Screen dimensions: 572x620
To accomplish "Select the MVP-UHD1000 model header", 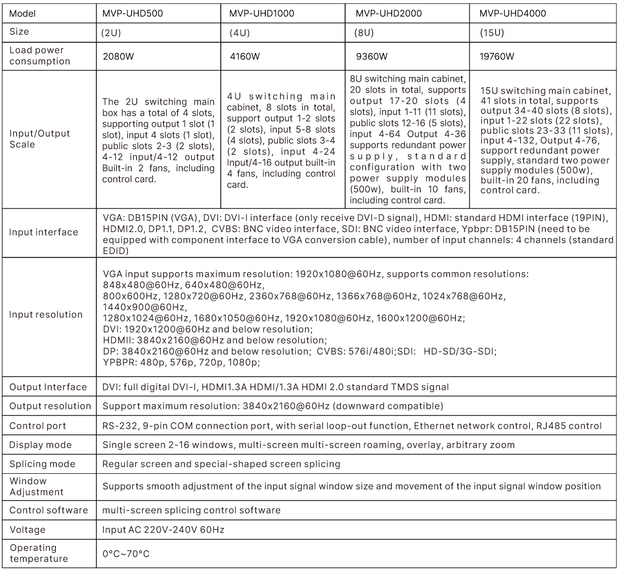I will pos(262,13).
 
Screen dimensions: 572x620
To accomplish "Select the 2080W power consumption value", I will pos(116,57).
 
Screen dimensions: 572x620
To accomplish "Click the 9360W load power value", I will pos(371,57).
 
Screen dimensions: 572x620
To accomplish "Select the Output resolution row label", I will pos(50,406).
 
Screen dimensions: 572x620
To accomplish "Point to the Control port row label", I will pos(38,426).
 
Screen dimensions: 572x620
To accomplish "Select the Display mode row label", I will pos(40,445).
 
